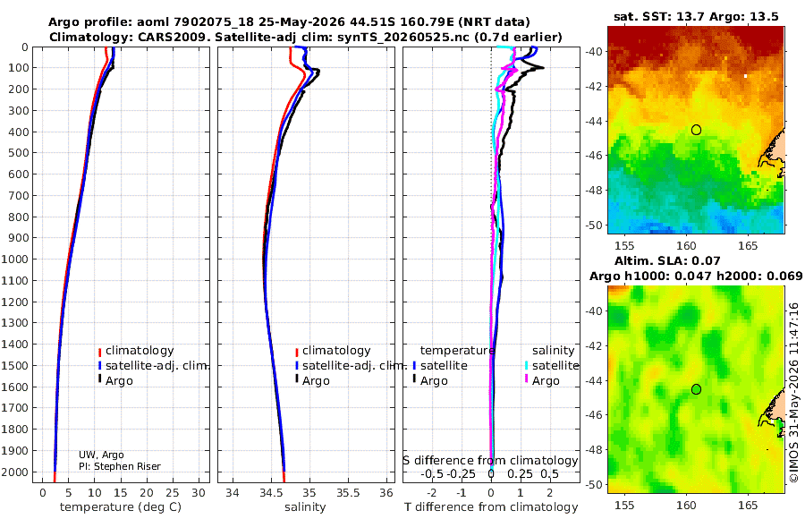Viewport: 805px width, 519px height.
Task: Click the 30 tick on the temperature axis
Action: [199, 493]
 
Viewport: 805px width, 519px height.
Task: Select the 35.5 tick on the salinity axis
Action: [348, 493]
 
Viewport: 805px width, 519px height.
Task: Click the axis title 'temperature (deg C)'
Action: [121, 507]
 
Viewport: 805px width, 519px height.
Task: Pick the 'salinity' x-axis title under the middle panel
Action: [305, 507]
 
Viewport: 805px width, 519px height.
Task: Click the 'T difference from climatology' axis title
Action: [491, 507]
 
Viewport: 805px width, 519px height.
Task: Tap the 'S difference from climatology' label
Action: [490, 461]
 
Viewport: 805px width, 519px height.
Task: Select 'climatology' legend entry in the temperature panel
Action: [140, 351]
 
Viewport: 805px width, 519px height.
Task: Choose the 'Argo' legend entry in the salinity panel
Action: [315, 381]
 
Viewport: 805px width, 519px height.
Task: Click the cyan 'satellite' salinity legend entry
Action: [555, 366]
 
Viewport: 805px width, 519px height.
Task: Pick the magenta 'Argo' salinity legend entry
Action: [546, 381]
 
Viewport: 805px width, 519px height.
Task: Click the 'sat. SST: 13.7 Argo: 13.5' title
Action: [696, 16]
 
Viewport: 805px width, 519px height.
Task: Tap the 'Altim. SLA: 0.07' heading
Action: [667, 261]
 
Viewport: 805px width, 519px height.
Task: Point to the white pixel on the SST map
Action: [745, 76]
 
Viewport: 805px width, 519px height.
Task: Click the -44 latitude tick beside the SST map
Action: [594, 122]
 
